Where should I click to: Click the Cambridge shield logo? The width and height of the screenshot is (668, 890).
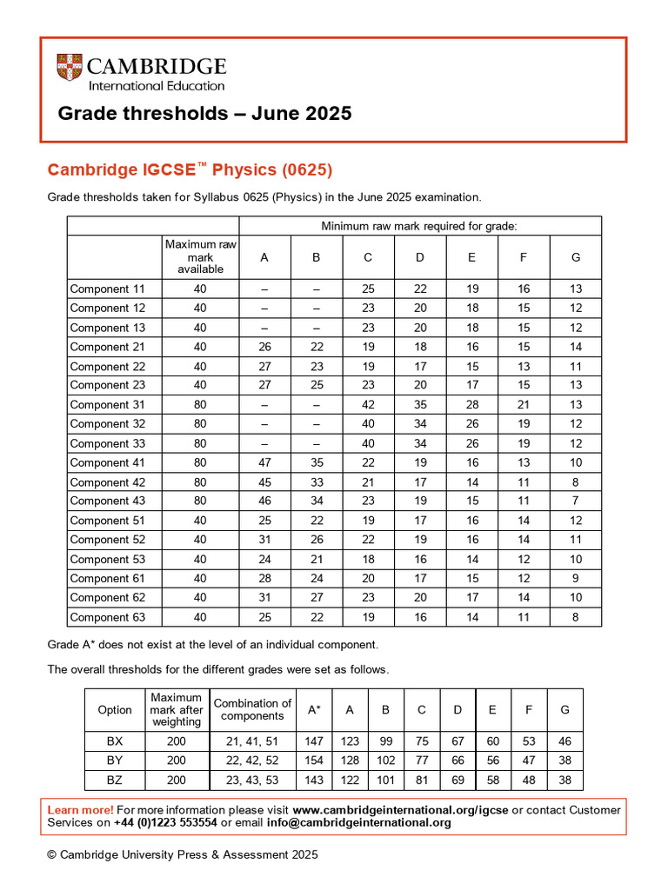tap(69, 68)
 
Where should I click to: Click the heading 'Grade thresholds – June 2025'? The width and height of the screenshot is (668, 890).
tap(204, 113)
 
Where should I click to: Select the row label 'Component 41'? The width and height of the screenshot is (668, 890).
tap(107, 462)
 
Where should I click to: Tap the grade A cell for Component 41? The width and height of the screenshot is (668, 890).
tap(264, 462)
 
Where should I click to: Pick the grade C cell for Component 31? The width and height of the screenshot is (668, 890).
tap(368, 404)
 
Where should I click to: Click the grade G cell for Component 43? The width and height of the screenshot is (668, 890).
tap(575, 501)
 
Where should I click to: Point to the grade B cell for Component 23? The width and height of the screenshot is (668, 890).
tap(317, 385)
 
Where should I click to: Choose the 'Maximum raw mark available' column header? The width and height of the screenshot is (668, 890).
tap(201, 257)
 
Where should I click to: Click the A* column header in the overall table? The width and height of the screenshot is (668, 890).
tap(314, 710)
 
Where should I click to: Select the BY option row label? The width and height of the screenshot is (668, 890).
tap(115, 760)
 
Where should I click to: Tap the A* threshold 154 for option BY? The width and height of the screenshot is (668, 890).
tap(314, 760)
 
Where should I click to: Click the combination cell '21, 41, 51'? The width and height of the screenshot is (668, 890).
tap(252, 741)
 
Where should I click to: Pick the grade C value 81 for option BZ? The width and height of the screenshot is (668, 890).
tap(421, 780)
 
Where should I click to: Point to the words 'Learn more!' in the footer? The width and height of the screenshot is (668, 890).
tap(80, 810)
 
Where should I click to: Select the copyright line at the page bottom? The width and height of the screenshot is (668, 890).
tap(183, 854)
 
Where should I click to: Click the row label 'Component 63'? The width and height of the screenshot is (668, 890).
tap(107, 617)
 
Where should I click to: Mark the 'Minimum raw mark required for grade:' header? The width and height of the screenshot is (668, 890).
tap(419, 226)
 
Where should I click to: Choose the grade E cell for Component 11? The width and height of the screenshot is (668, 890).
tap(471, 289)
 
